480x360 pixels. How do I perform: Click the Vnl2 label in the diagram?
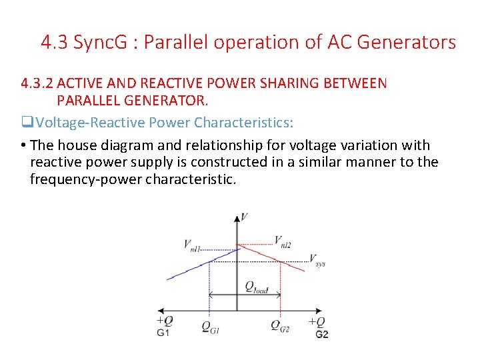[283, 241]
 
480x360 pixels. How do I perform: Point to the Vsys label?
[317, 260]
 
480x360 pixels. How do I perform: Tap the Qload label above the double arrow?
[256, 287]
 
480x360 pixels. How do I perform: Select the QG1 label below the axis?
[210, 326]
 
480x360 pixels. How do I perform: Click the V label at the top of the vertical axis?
[245, 217]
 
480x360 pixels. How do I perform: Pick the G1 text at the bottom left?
[163, 333]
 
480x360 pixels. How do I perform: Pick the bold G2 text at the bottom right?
[321, 333]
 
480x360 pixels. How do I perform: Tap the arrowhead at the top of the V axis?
[237, 218]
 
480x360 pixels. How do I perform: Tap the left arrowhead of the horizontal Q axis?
[161, 311]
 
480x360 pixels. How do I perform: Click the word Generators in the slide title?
[407, 43]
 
